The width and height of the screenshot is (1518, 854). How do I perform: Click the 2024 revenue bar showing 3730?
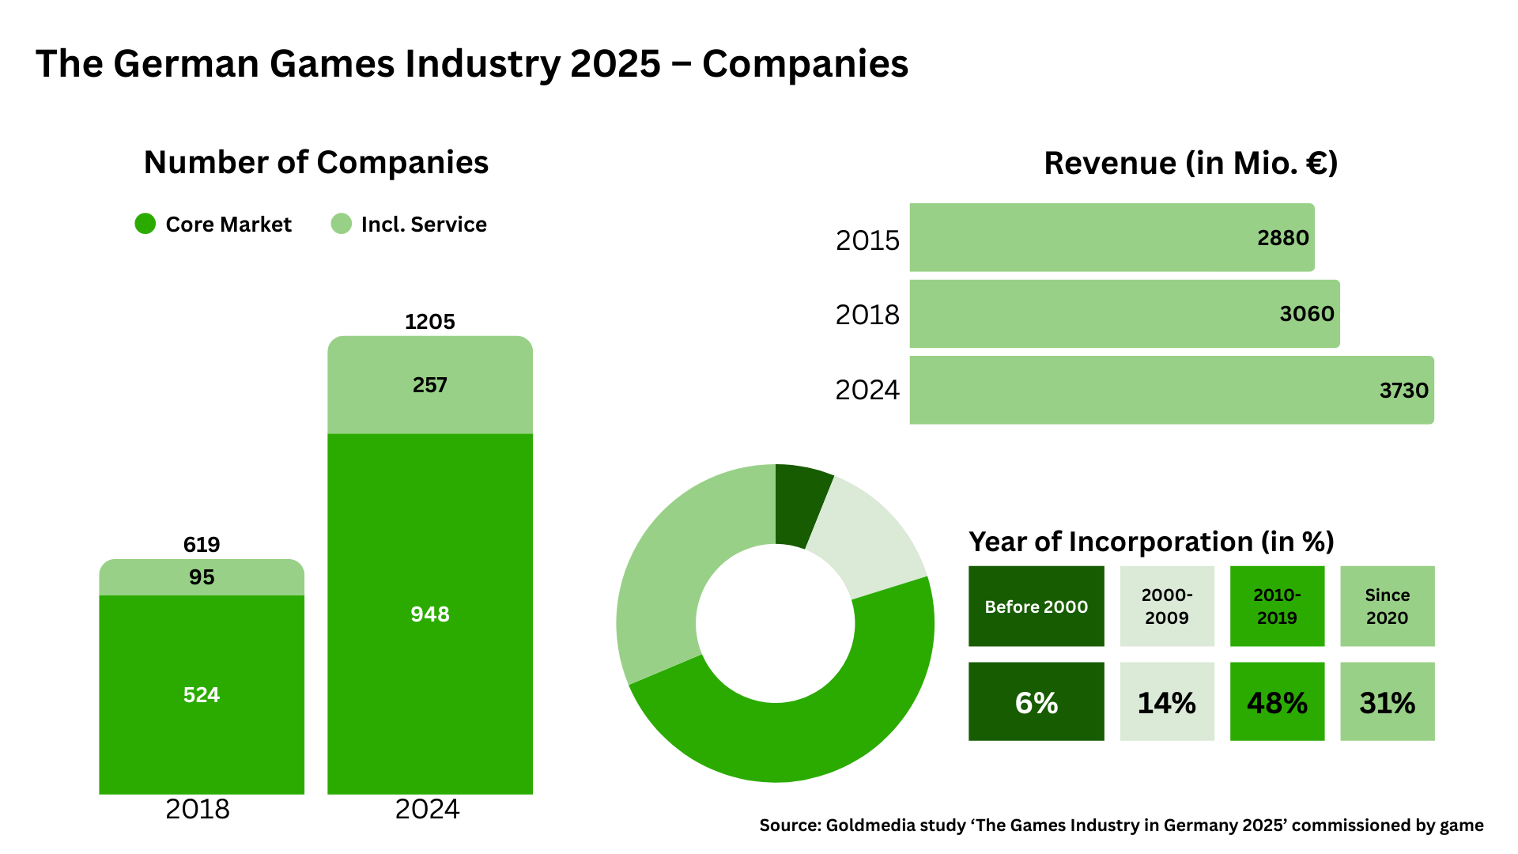coord(1170,390)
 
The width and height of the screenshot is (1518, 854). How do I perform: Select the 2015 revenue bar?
coord(1107,237)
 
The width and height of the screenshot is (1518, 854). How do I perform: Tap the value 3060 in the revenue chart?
coord(1306,314)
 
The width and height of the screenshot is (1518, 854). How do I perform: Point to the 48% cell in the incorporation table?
coord(1277,702)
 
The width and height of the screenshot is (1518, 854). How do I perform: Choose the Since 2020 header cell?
coord(1387,606)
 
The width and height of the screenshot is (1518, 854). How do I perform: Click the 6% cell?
coord(1036,702)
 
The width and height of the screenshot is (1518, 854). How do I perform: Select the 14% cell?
coord(1166,702)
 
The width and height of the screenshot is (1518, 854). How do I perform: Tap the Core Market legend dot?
coord(145,224)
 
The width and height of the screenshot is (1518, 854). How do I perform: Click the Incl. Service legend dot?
coord(341,224)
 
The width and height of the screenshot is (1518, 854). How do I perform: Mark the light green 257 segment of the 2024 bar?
coord(430,385)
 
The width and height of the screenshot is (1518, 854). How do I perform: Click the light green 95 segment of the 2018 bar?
coord(202,577)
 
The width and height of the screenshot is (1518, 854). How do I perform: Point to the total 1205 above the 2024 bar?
coord(430,322)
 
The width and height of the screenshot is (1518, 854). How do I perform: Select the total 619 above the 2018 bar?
coord(202,544)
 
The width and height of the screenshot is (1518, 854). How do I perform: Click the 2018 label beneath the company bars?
coord(198,809)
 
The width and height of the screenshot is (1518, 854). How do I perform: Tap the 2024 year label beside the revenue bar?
coord(867,390)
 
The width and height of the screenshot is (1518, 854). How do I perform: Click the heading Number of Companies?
coord(316,162)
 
